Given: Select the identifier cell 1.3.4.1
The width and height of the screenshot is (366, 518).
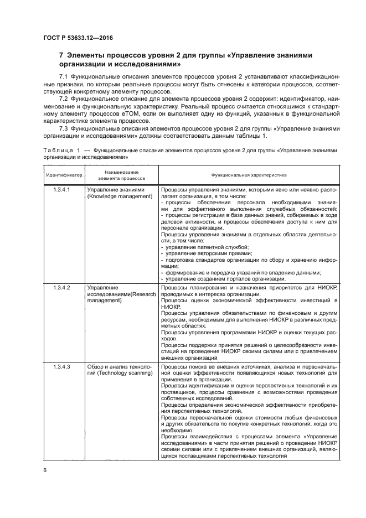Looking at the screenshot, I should (x=61, y=190).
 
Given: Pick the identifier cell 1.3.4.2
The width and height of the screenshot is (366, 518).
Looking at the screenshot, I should (x=61, y=288).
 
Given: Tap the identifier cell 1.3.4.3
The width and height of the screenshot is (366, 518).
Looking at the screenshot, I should (x=61, y=367).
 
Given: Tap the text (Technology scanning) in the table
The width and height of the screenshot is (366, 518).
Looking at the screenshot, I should (x=119, y=374).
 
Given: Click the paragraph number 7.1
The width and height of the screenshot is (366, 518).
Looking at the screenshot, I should (x=64, y=75).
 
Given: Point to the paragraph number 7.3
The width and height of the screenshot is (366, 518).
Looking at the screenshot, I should (x=64, y=128).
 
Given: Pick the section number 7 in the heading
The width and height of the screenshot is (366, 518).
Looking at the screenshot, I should (x=61, y=55).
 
